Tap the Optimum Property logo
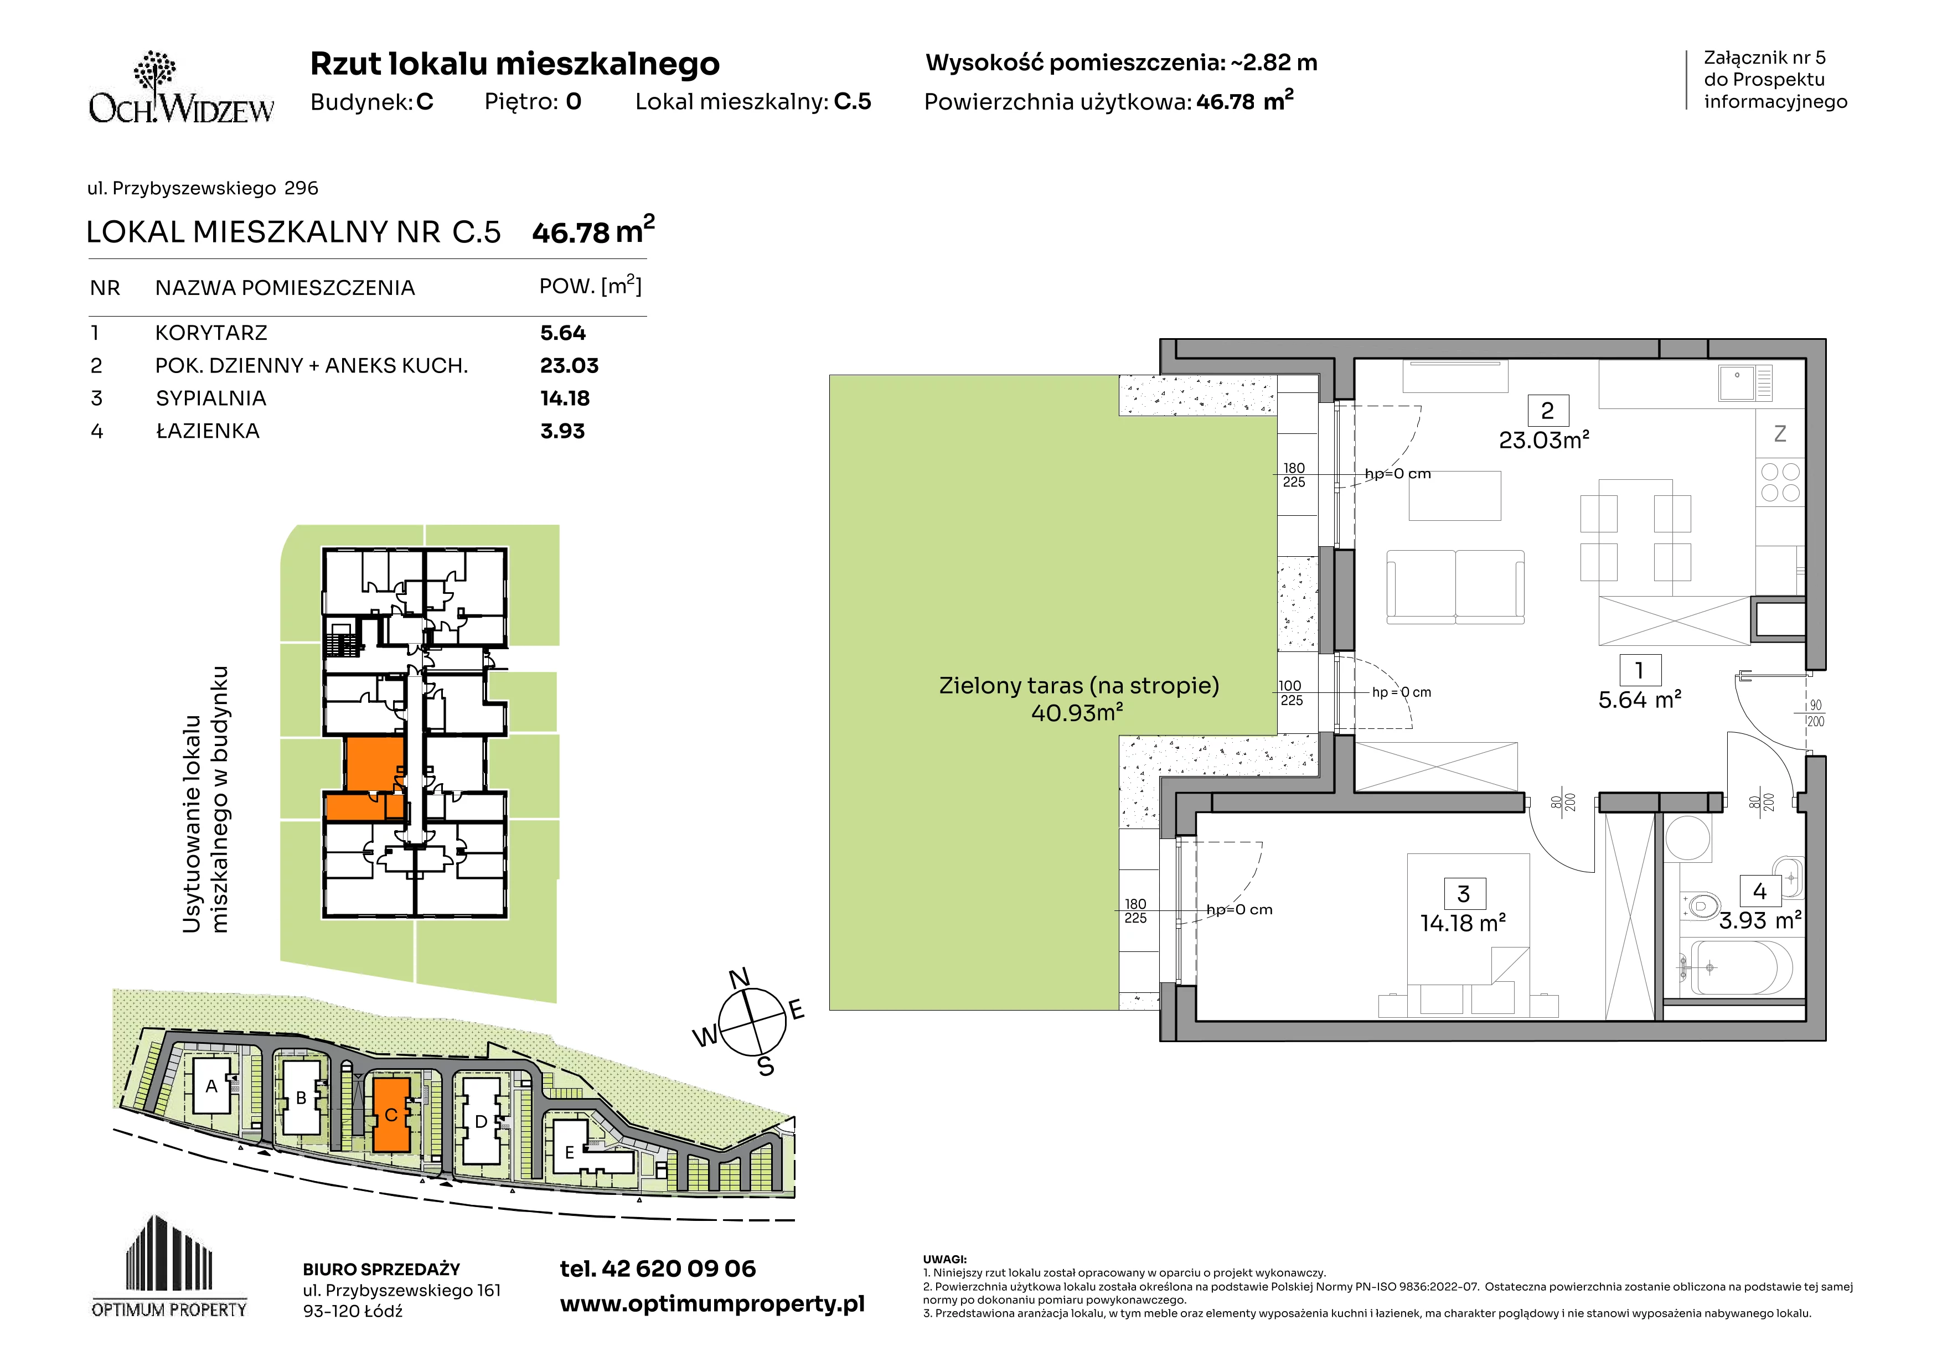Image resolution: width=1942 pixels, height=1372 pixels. pyautogui.click(x=169, y=1266)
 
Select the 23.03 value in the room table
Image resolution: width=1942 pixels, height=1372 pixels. pyautogui.click(x=569, y=366)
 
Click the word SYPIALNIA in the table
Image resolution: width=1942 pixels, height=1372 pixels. pyautogui.click(x=210, y=398)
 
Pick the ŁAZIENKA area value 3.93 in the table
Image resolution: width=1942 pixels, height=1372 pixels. pyautogui.click(x=562, y=431)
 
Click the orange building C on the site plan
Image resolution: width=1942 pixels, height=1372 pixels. pyautogui.click(x=391, y=1114)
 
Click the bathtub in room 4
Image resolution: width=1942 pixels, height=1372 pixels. pyautogui.click(x=1736, y=967)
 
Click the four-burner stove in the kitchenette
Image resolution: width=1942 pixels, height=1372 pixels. pyautogui.click(x=1780, y=483)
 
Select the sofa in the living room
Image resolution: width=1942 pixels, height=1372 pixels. pyautogui.click(x=1455, y=587)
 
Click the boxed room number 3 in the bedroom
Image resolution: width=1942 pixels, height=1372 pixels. pyautogui.click(x=1463, y=893)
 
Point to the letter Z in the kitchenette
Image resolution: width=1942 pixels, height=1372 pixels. pyautogui.click(x=1780, y=434)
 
